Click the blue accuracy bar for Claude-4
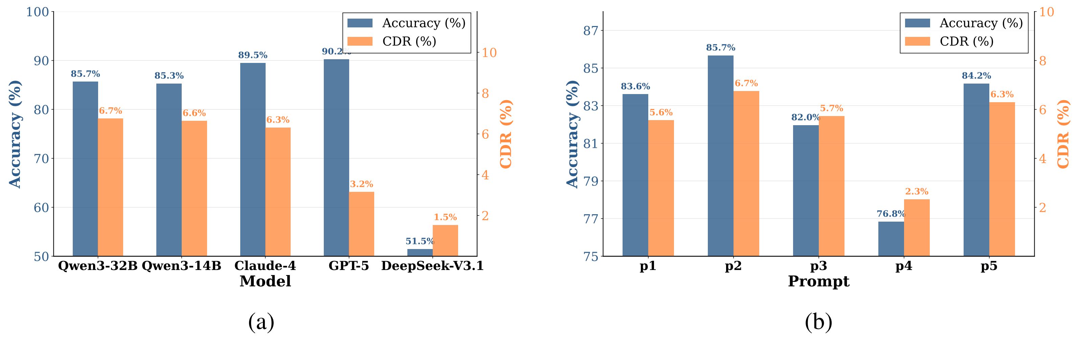[x=253, y=159]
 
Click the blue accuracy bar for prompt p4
[x=891, y=239]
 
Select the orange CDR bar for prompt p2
[x=746, y=174]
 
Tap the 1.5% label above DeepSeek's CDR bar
[x=445, y=217]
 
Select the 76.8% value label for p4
[x=891, y=214]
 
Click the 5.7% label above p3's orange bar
[x=831, y=109]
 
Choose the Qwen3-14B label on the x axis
[x=182, y=266]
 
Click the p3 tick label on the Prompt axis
[x=818, y=266]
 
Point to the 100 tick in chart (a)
[x=38, y=12]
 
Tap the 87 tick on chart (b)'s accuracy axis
[x=591, y=30]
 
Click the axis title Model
[x=265, y=281]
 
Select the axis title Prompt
[x=818, y=281]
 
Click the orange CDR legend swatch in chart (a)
[x=360, y=41]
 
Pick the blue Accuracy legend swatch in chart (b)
[x=917, y=23]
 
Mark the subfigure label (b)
[x=818, y=322]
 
